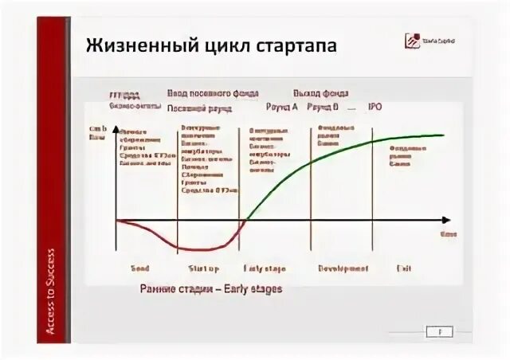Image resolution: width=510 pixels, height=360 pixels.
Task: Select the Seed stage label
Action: point(139,268)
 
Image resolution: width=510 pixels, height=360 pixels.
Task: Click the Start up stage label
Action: point(204,268)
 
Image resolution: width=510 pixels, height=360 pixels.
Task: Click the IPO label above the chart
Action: point(375,105)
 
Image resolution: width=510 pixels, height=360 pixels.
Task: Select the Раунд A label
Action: point(282,105)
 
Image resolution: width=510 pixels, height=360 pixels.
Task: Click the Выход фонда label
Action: point(320,93)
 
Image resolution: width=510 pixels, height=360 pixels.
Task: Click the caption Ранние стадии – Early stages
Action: point(210,288)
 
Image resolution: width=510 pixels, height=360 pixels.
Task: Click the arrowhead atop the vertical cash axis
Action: point(116,128)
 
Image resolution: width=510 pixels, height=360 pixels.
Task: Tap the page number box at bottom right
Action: point(439,331)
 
